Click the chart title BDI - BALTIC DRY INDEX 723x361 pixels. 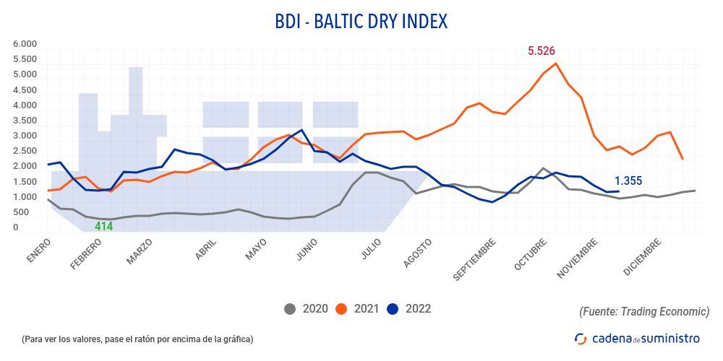[361, 22]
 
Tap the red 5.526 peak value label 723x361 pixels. [541, 51]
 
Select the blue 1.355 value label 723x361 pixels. [628, 181]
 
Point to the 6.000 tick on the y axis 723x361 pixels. [25, 44]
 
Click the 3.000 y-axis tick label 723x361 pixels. [25, 136]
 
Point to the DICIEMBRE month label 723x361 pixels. [643, 256]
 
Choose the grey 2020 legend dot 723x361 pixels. [291, 309]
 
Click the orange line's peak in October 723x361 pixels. [555, 64]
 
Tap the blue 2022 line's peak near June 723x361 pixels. [301, 130]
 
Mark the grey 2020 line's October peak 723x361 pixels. [543, 168]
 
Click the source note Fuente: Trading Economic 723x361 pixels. [644, 311]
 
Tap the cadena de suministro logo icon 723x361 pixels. [580, 338]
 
